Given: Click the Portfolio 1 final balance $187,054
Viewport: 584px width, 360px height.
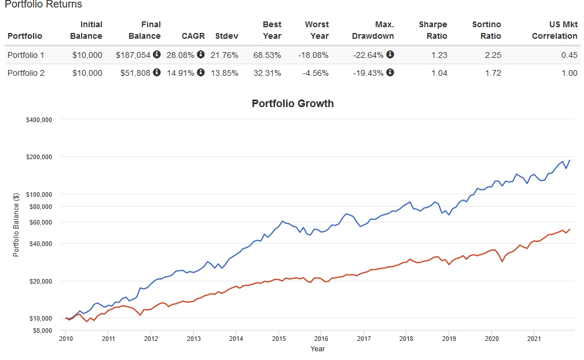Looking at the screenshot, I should pos(133,55).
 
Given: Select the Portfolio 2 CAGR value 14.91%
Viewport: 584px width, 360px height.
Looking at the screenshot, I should pos(180,73).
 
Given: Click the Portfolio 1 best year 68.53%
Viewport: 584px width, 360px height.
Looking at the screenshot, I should pos(267,55).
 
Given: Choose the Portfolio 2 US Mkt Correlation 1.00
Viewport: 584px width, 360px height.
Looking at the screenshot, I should pos(569,73).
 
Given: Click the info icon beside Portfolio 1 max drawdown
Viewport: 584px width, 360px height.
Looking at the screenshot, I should pos(390,54).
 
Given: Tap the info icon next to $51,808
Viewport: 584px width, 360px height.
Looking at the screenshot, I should pos(156,72).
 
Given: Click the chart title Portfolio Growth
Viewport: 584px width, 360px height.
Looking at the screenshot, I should pos(293,104).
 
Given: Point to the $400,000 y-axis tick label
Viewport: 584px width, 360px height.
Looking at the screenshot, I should pos(39,120).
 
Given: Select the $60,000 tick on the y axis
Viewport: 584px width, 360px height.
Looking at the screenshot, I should pos(41,222).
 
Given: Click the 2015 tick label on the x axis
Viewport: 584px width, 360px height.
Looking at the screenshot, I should pos(279,339).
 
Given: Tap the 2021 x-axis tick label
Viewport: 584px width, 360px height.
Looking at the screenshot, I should pos(534,339).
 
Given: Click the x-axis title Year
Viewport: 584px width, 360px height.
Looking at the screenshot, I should pos(317,349).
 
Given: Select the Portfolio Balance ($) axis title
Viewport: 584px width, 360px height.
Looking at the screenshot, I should pos(16,225).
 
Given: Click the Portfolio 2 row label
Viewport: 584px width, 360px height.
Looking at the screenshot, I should pos(26,73).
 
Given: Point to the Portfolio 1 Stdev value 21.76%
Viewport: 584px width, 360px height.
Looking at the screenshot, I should pos(226,55).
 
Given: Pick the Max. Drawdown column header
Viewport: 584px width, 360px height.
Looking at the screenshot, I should pos(373,30).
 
